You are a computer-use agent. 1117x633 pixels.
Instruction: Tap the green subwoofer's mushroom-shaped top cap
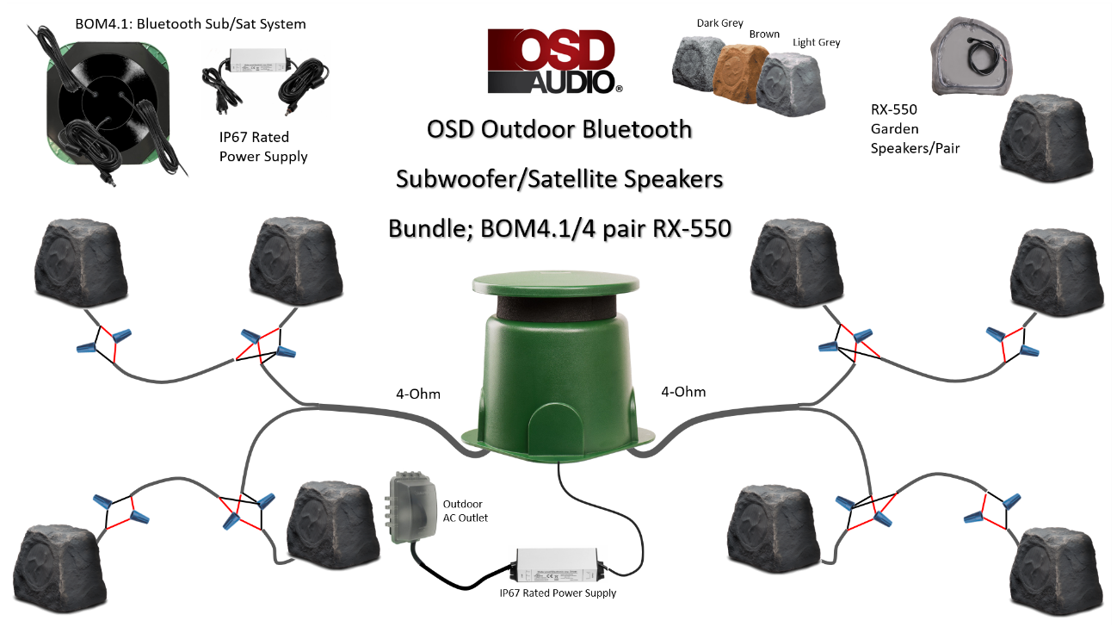click(556, 282)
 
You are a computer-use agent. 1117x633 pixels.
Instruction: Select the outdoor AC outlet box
click(410, 506)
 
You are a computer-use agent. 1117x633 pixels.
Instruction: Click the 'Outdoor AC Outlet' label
click(466, 511)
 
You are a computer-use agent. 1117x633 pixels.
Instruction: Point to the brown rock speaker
click(738, 73)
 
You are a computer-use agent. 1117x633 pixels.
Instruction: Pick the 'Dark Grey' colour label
click(719, 23)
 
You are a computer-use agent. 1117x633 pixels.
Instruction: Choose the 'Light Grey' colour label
click(817, 42)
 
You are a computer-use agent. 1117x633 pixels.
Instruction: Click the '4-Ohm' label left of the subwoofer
click(418, 394)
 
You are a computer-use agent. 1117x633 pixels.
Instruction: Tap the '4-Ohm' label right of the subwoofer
click(683, 392)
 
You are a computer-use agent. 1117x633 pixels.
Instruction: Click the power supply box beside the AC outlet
click(557, 566)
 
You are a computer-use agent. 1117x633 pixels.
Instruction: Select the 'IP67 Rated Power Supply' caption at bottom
click(558, 593)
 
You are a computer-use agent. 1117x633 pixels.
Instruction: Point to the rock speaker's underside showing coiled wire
click(971, 56)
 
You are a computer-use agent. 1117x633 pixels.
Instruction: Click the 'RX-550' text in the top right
click(893, 109)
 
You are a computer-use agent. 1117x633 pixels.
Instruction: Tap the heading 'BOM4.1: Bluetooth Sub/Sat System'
click(190, 24)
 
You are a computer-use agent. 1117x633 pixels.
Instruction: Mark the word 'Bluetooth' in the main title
click(637, 129)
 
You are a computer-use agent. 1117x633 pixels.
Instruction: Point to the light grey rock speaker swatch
click(790, 85)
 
